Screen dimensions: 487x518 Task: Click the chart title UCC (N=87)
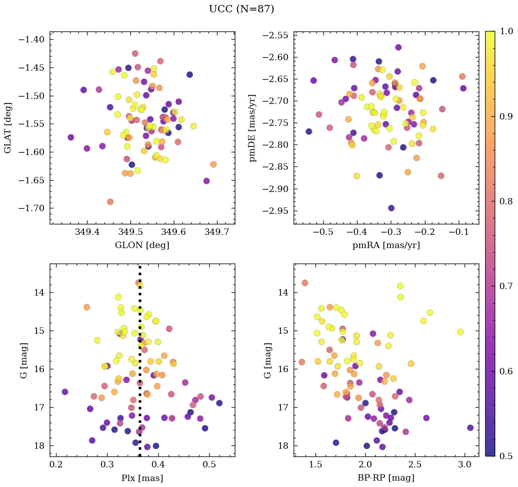coord(241,9)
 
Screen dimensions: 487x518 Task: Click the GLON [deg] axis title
coord(142,245)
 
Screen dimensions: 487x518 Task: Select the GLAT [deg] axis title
coord(8,127)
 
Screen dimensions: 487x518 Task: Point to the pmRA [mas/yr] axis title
coord(386,245)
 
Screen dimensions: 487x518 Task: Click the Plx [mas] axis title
coord(142,478)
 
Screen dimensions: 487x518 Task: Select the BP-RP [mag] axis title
coord(386,478)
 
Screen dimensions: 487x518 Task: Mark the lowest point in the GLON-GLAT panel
coord(110,202)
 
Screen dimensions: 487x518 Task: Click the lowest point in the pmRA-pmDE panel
coord(391,208)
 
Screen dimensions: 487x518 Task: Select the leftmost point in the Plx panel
coord(65,392)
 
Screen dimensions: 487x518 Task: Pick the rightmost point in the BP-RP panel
coord(470,428)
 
